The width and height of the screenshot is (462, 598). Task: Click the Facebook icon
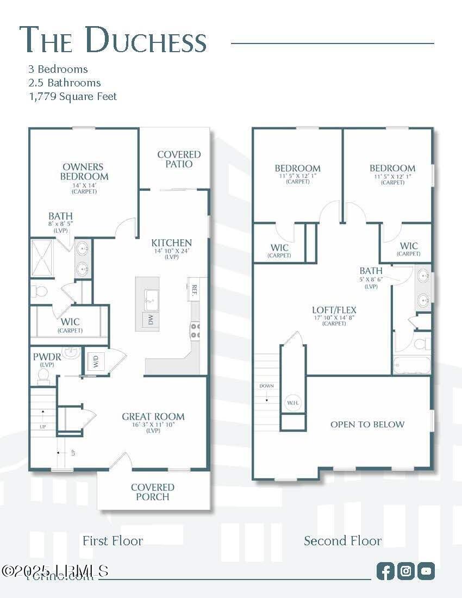coord(385,571)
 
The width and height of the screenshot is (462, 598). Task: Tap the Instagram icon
coord(406,571)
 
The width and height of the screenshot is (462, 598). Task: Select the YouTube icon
coord(427,571)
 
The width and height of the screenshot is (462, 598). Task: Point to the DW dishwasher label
coord(151,320)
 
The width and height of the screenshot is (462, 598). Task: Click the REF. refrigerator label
coord(194,289)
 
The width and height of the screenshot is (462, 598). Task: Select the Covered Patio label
coord(179,159)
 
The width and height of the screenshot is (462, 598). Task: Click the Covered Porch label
coord(153,492)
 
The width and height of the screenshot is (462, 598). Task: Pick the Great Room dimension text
coord(153,425)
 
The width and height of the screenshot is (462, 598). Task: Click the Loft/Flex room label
coord(334,310)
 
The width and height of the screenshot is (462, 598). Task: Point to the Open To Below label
coord(367,425)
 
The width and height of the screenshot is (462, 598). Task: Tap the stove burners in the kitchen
coord(195,331)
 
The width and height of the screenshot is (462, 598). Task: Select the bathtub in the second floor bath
coord(411,365)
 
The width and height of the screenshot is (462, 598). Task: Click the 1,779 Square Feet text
coord(73,97)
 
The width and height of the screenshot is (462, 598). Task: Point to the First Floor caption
coord(113,541)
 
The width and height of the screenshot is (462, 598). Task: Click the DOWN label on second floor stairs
coord(267,386)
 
